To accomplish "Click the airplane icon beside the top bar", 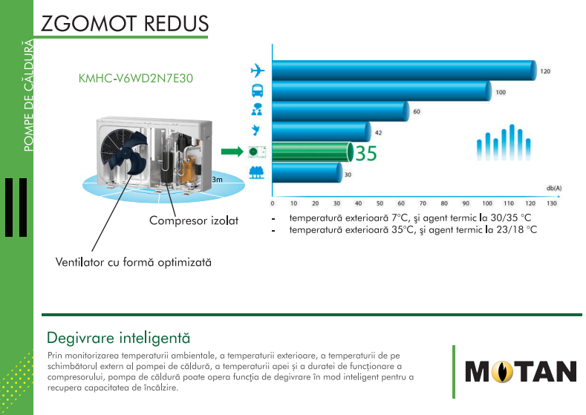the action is pyautogui.click(x=258, y=71).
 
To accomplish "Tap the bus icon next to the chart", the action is pyautogui.click(x=257, y=91).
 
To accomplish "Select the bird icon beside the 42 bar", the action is pyautogui.click(x=256, y=130).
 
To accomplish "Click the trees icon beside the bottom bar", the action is pyautogui.click(x=256, y=172).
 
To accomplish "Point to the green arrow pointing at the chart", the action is pyautogui.click(x=232, y=151).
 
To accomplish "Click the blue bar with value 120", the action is pyautogui.click(x=404, y=71).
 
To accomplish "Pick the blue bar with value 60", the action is pyautogui.click(x=341, y=111).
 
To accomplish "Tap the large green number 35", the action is pyautogui.click(x=366, y=153).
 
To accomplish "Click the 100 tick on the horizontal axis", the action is pyautogui.click(x=487, y=203).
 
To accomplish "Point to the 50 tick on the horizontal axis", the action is pyautogui.click(x=380, y=203).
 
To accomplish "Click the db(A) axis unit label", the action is pyautogui.click(x=554, y=189).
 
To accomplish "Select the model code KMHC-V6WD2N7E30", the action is pyautogui.click(x=136, y=79).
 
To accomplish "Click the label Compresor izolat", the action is pyautogui.click(x=194, y=220).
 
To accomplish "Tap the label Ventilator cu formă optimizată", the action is pyautogui.click(x=134, y=262).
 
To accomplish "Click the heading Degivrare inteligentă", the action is pyautogui.click(x=119, y=338).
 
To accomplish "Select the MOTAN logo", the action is pyautogui.click(x=521, y=372).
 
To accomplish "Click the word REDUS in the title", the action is pyautogui.click(x=176, y=24).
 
